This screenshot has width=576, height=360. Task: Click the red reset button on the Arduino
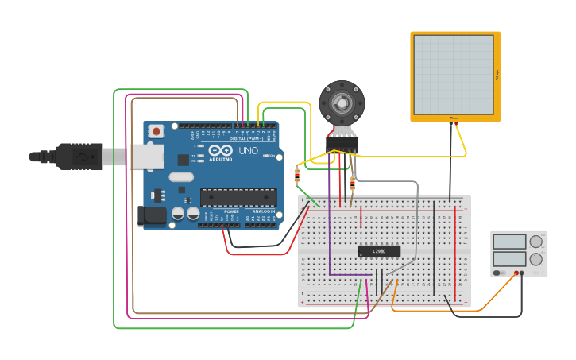[157, 131]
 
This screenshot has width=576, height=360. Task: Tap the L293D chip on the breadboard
[379, 251]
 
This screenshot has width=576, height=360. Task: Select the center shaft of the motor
[342, 103]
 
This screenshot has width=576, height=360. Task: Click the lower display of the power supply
[509, 258]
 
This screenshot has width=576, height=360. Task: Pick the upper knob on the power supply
[536, 242]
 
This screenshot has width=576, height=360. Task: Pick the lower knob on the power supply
[536, 258]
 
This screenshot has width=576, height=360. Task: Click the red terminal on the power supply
[516, 273]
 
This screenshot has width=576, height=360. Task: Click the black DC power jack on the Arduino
[150, 215]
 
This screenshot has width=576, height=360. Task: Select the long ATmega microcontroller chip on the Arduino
[238, 197]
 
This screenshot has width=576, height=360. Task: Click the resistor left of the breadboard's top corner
[297, 176]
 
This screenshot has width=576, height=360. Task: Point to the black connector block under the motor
[342, 144]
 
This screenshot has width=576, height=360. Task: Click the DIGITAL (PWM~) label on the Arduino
[246, 138]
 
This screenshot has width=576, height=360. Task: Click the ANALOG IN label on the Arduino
[264, 211]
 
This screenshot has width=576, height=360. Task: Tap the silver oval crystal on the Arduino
[180, 177]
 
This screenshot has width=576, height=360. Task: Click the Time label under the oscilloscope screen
[454, 118]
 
